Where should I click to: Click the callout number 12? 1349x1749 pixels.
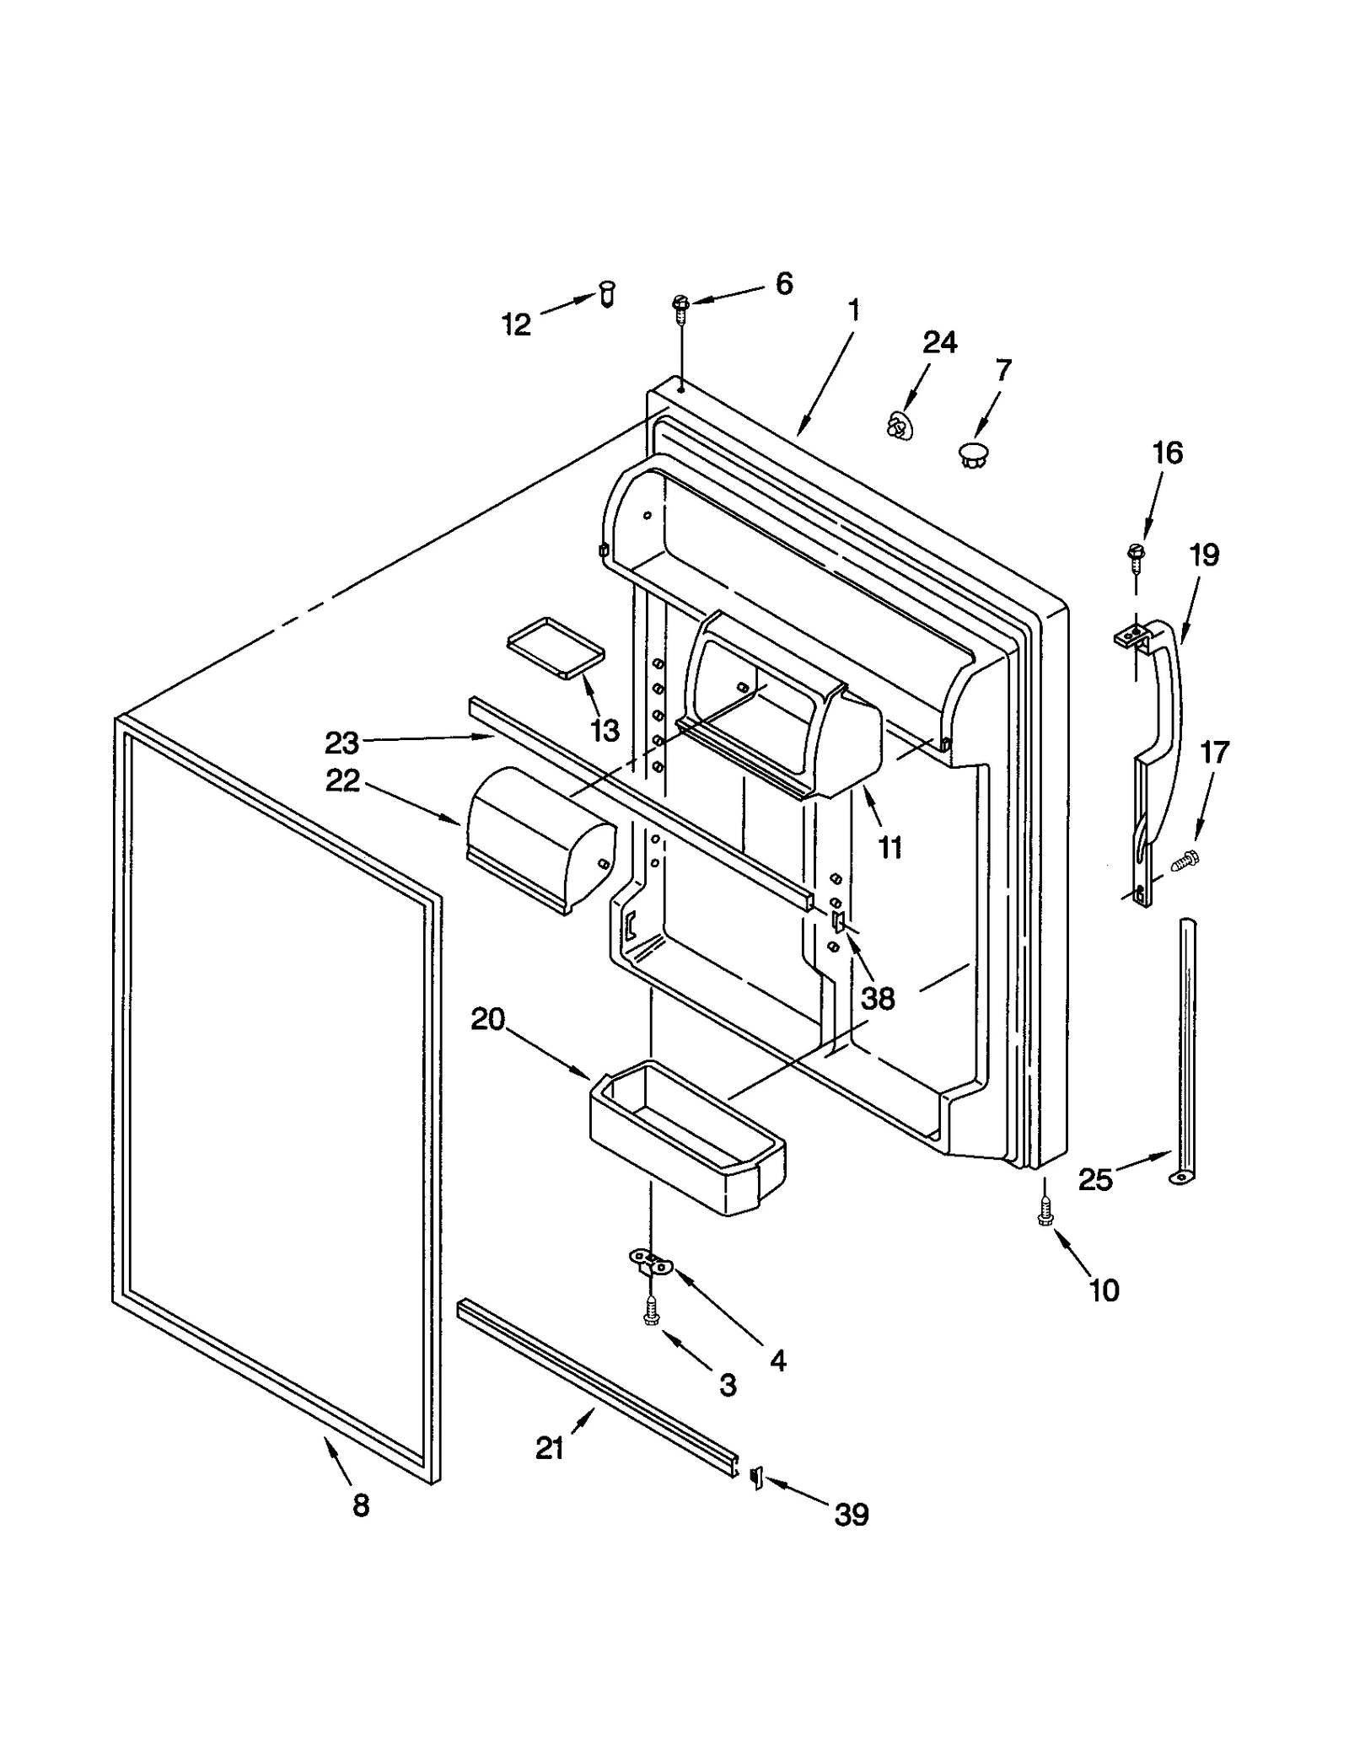click(x=516, y=324)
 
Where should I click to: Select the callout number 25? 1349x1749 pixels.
click(x=1095, y=1179)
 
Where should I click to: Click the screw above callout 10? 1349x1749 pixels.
click(x=1045, y=1212)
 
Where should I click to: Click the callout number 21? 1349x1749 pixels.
click(x=549, y=1448)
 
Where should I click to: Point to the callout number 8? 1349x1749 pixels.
click(x=361, y=1505)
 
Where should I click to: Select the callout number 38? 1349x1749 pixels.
click(x=878, y=998)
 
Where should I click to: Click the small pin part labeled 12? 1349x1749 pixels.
click(x=607, y=294)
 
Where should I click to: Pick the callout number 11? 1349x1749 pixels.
click(x=890, y=847)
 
